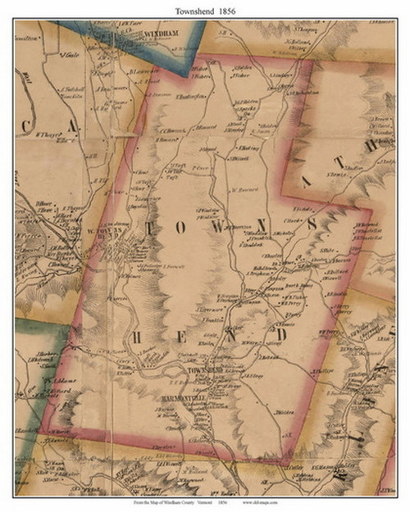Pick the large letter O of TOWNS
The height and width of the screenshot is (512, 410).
194,223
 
